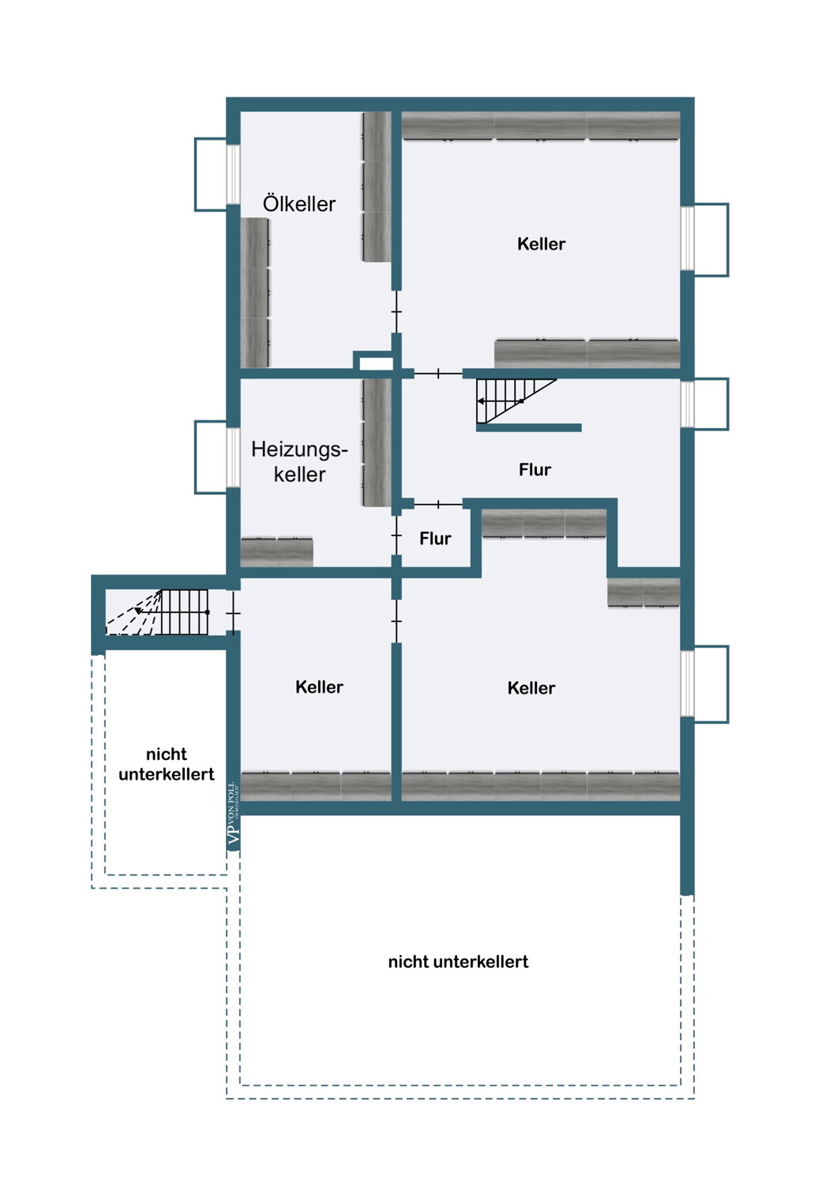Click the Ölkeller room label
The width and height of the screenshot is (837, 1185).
pyautogui.click(x=298, y=204)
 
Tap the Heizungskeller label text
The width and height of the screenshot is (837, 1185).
pyautogui.click(x=299, y=461)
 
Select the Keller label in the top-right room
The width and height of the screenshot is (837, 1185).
pyautogui.click(x=541, y=244)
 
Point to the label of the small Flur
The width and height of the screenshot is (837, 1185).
pyautogui.click(x=435, y=539)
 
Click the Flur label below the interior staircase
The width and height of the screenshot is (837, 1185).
pyautogui.click(x=535, y=470)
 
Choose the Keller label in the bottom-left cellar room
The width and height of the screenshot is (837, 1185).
pyautogui.click(x=319, y=687)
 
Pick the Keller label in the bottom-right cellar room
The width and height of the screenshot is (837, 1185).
pyautogui.click(x=531, y=688)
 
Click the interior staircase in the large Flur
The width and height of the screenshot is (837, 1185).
pyautogui.click(x=516, y=401)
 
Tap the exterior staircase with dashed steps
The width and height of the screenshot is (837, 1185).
pyautogui.click(x=158, y=612)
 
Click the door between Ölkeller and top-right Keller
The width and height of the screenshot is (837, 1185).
pyautogui.click(x=396, y=311)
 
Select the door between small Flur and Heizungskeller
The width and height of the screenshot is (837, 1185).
pyautogui.click(x=396, y=536)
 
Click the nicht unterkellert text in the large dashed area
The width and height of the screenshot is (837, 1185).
pyautogui.click(x=458, y=961)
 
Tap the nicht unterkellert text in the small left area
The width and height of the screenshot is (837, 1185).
pyautogui.click(x=166, y=764)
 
